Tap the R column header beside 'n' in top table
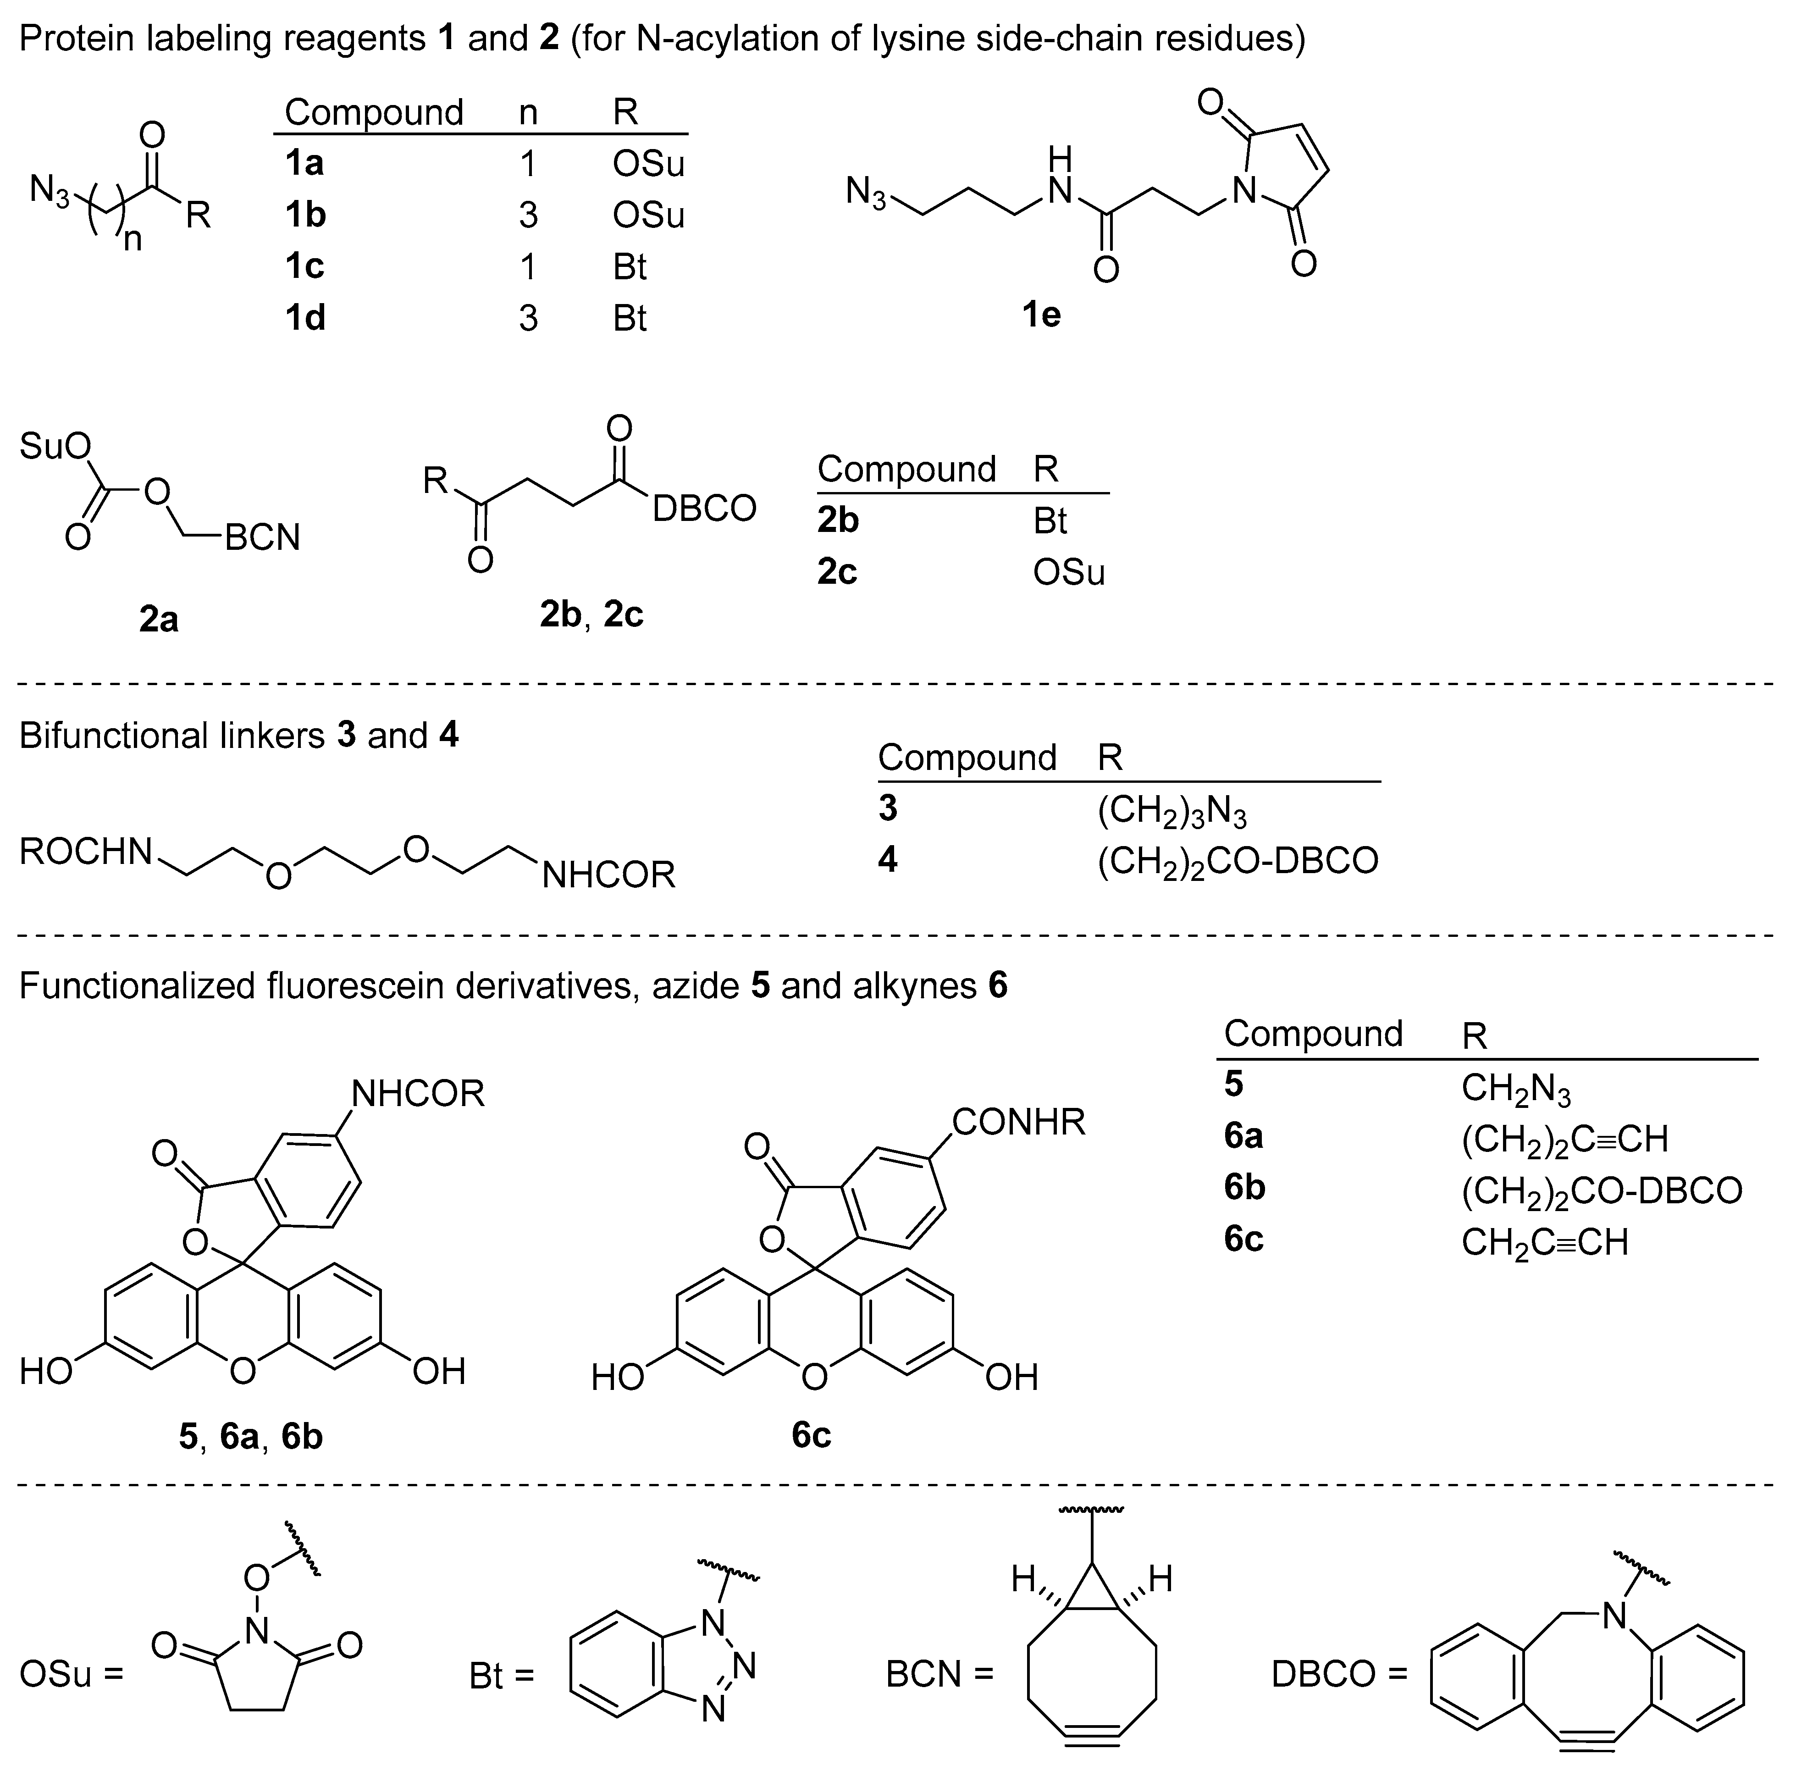click(x=625, y=112)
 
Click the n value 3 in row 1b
click(x=528, y=215)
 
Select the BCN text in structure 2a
click(x=262, y=537)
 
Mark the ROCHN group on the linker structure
click(x=86, y=852)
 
